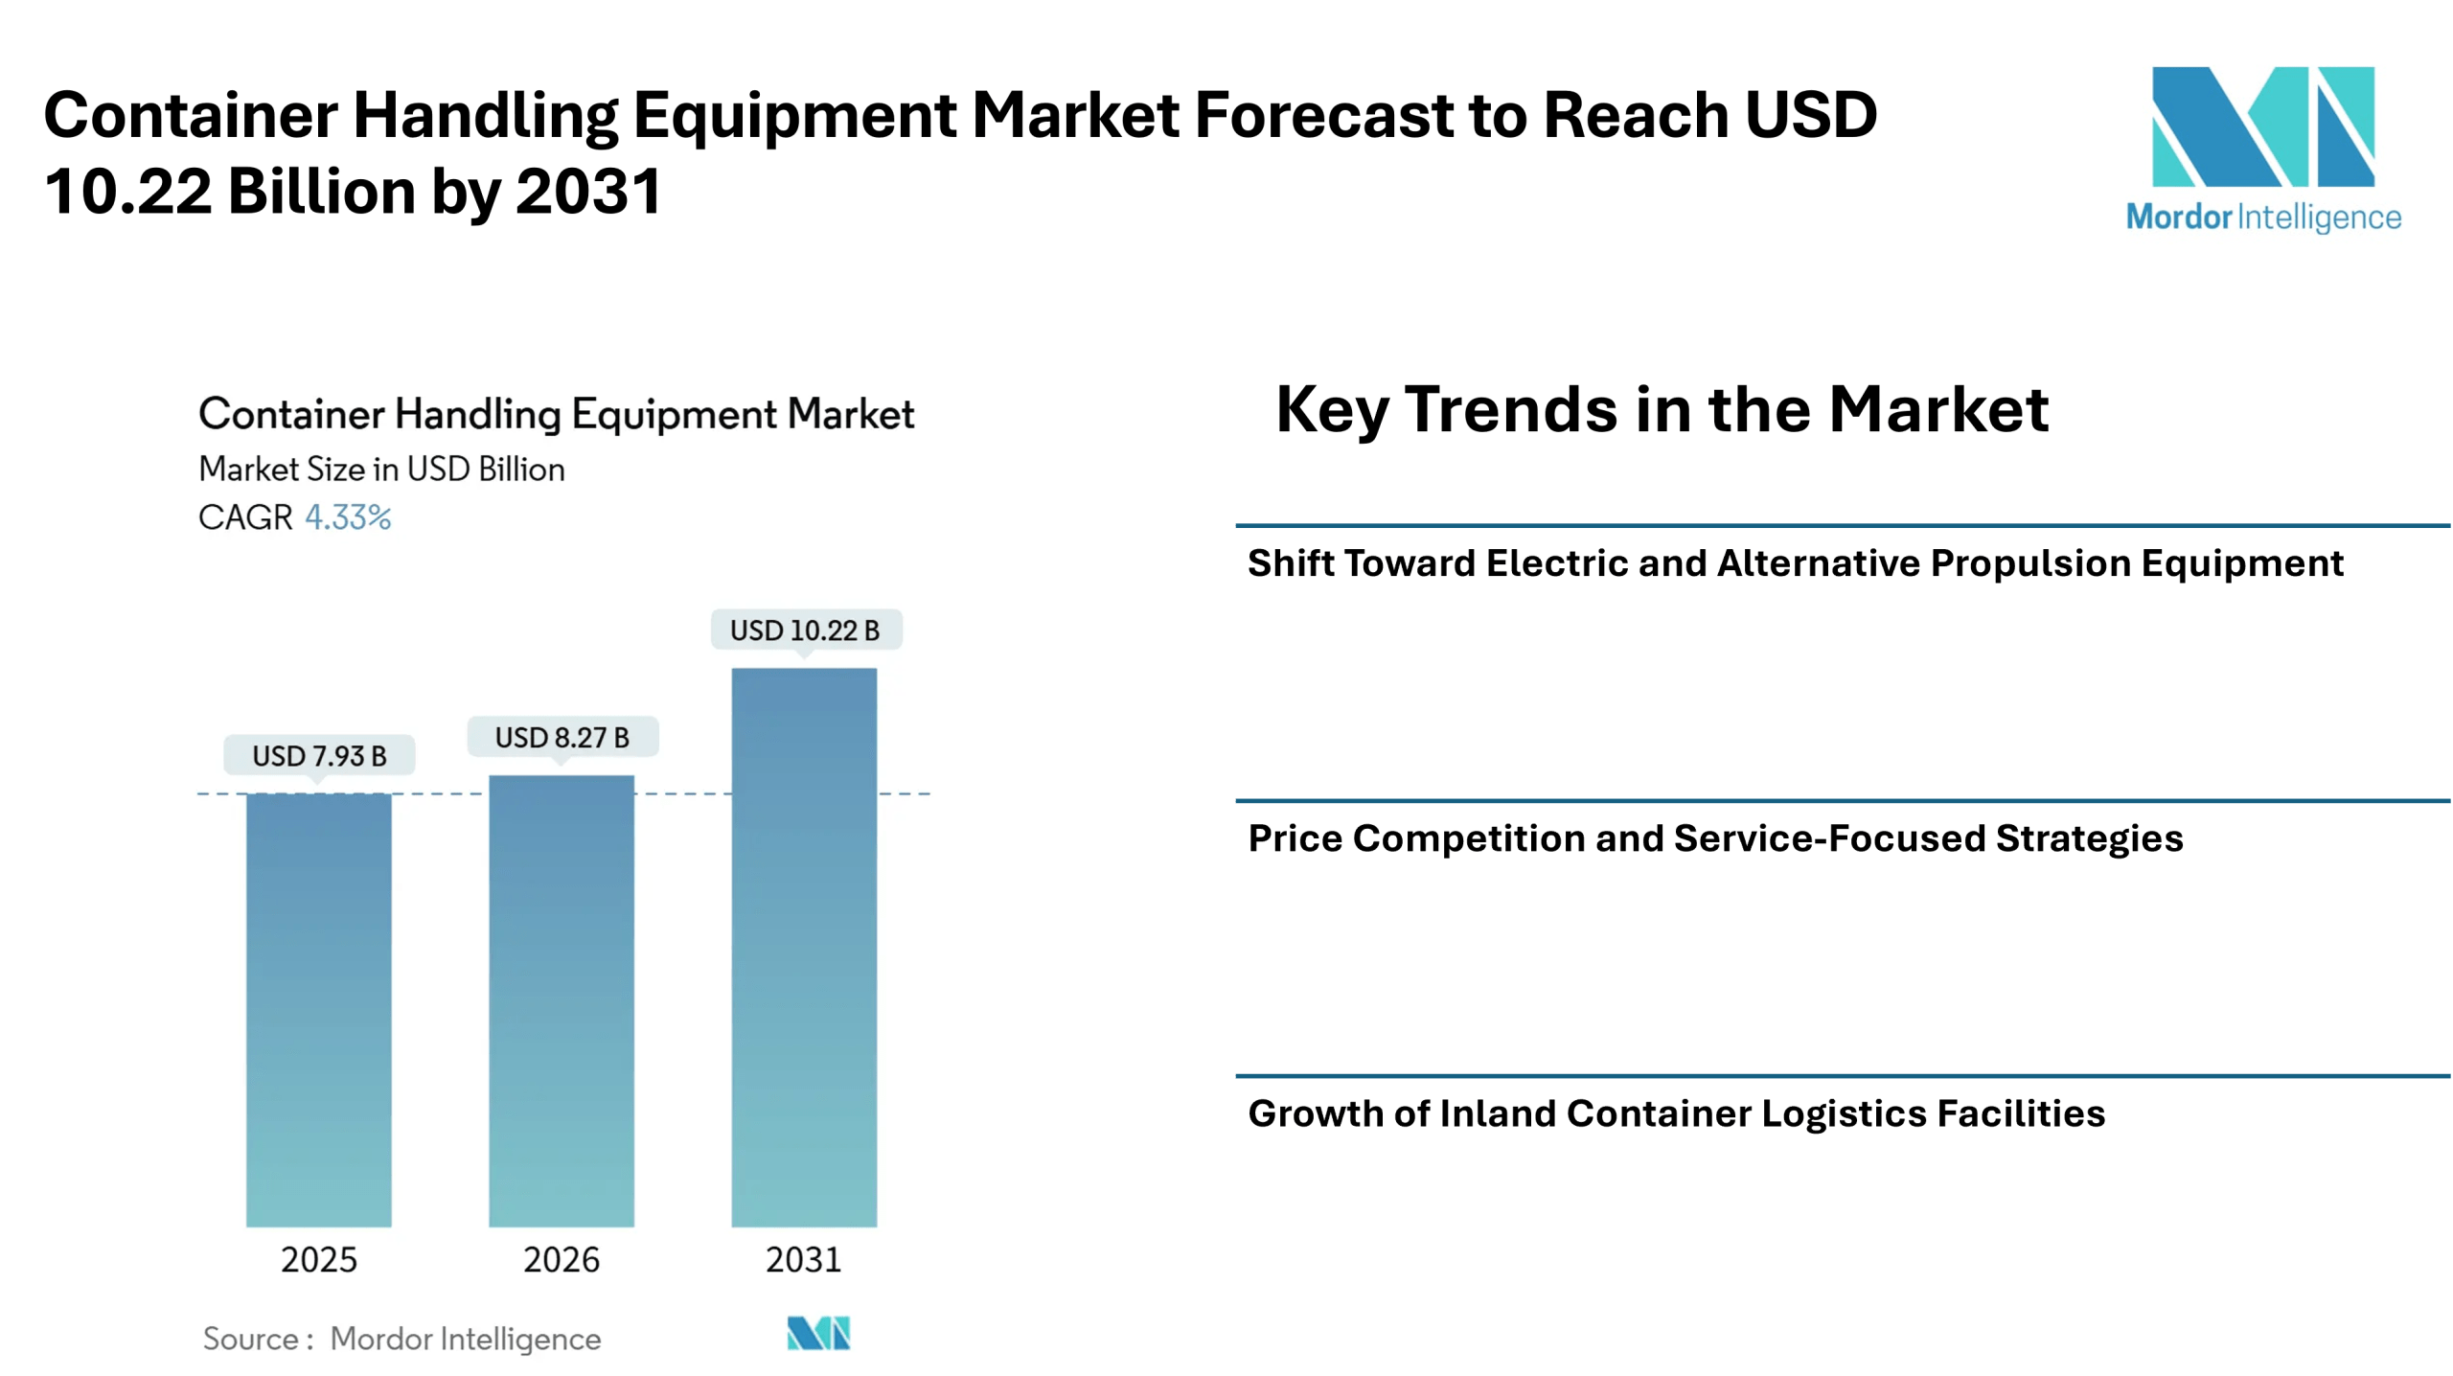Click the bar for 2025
319,1010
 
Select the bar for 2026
562,1000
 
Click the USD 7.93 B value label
319,756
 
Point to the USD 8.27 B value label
562,738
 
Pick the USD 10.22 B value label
805,631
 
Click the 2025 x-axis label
319,1259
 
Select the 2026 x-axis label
562,1259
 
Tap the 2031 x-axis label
804,1259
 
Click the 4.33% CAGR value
348,517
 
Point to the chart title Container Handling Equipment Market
556,414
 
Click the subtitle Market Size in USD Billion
381,470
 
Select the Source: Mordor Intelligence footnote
401,1339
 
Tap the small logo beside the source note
818,1333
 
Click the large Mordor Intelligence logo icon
2263,126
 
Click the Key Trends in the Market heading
1662,410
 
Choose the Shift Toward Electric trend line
1795,563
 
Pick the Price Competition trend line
1715,838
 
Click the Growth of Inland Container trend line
1676,1113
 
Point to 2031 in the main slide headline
588,191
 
